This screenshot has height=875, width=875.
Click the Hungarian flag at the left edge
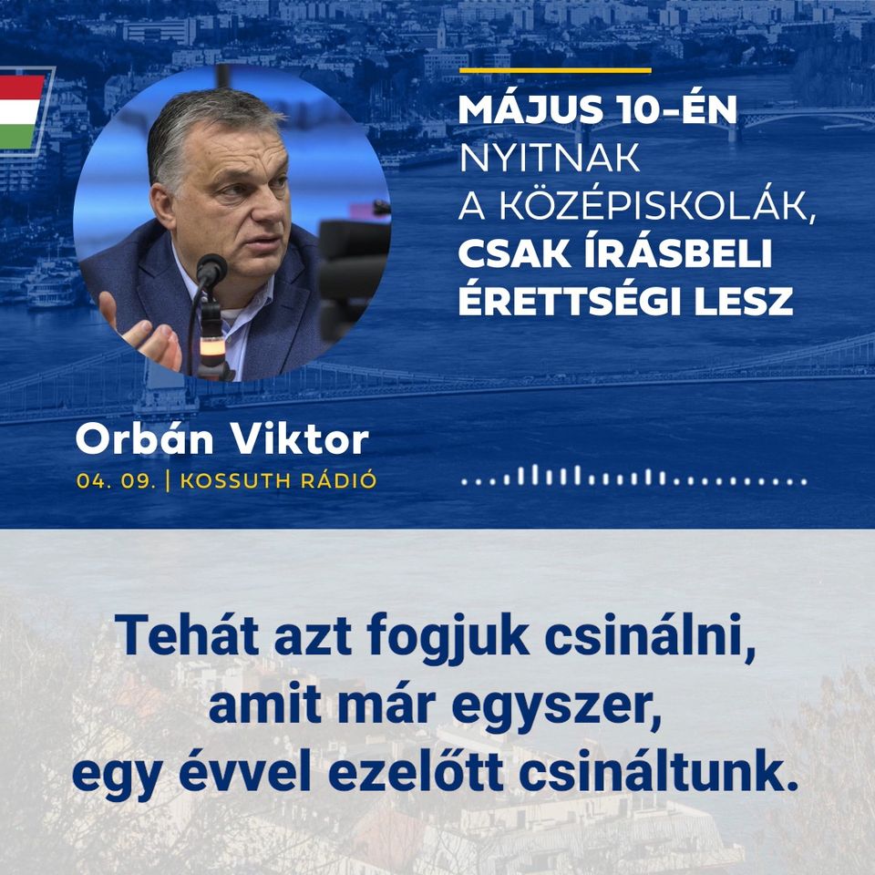(x=21, y=111)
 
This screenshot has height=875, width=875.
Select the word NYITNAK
(x=549, y=159)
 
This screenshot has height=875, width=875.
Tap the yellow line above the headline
(x=555, y=70)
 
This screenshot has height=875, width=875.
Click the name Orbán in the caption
(x=145, y=438)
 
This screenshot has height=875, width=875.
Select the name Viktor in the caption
(x=300, y=439)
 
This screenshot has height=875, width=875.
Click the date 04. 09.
(x=116, y=481)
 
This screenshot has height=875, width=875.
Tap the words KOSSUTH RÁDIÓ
(x=279, y=480)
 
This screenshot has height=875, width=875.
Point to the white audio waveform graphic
(x=634, y=476)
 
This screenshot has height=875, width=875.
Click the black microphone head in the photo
(x=211, y=270)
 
